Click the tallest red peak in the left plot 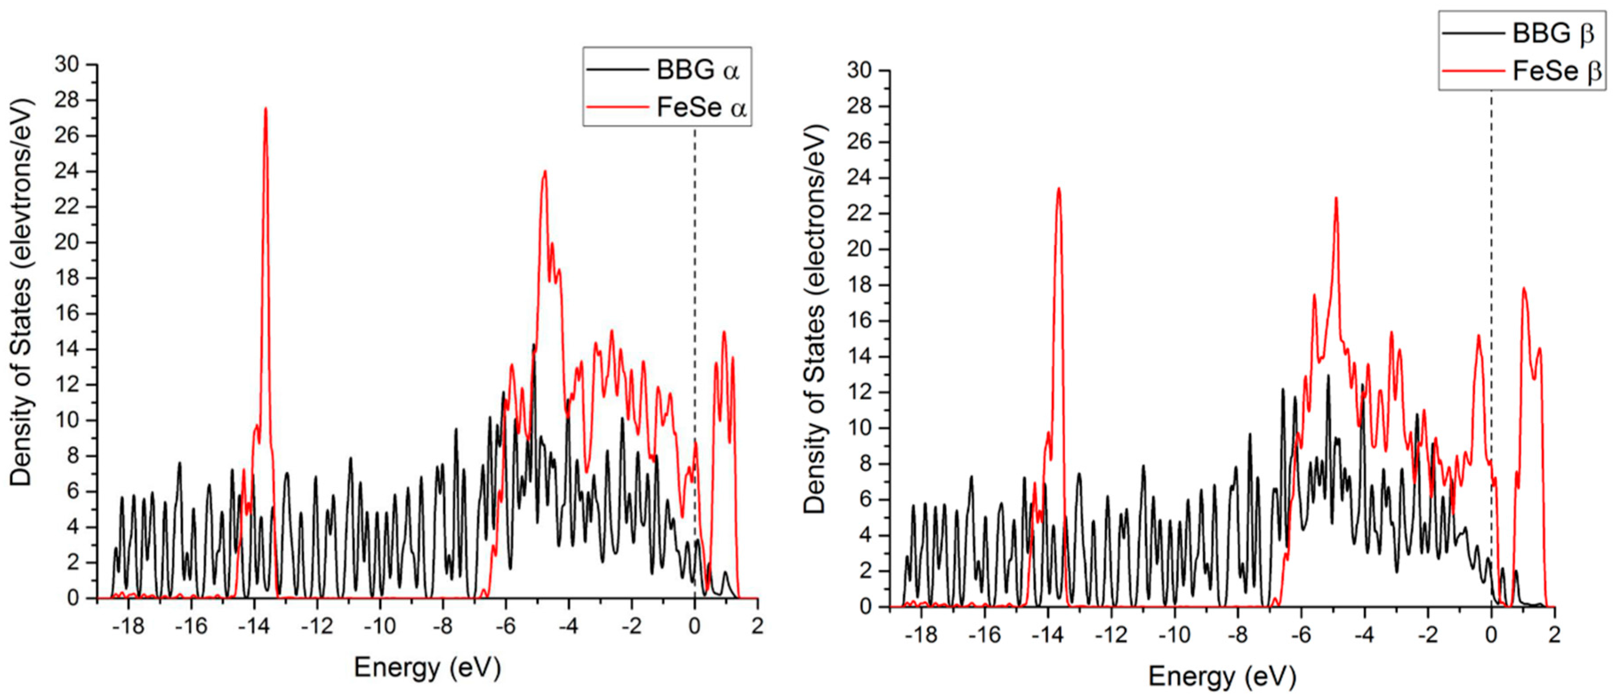click(265, 109)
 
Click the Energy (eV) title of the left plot click(428, 668)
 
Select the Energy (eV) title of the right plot click(1222, 676)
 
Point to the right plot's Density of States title click(815, 319)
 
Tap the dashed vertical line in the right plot click(1491, 313)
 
